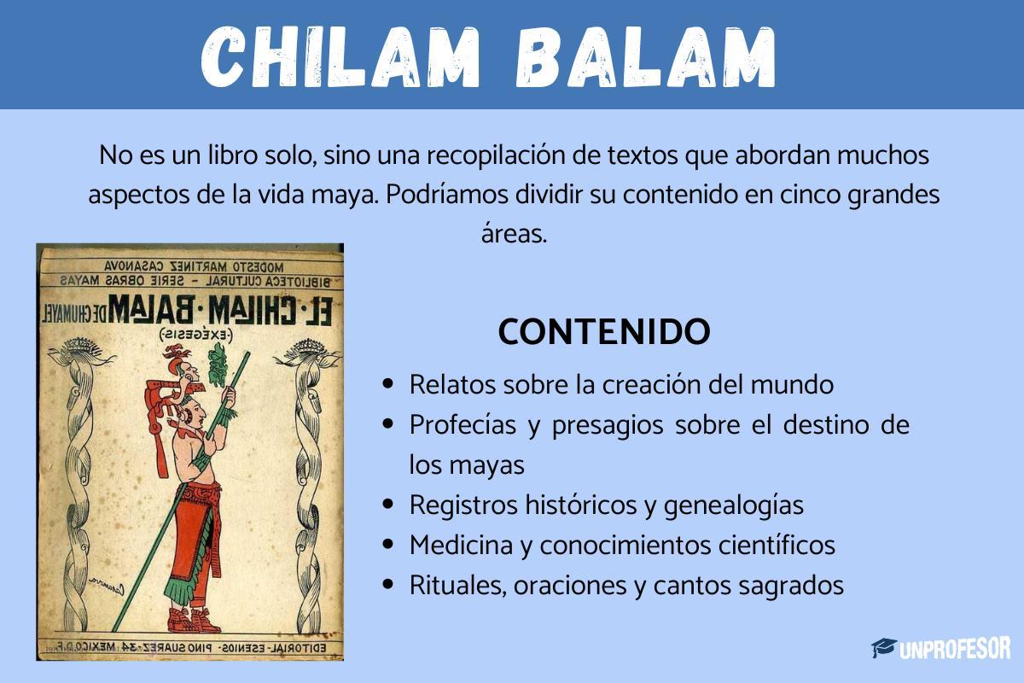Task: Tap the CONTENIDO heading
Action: pos(603,332)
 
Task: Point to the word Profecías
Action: pos(461,424)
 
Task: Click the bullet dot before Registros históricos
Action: pos(389,505)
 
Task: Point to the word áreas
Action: pos(513,233)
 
